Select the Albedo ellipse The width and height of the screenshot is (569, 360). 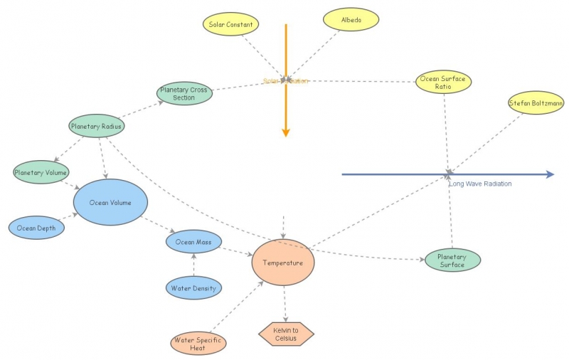pyautogui.click(x=351, y=20)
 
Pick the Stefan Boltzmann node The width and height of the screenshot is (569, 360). pyautogui.click(x=536, y=104)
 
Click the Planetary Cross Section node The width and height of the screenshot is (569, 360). pyautogui.click(x=184, y=94)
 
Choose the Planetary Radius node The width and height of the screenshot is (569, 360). pyautogui.click(x=97, y=127)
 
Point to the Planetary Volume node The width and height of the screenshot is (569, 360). pyautogui.click(x=41, y=172)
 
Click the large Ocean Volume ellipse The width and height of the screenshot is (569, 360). pyautogui.click(x=110, y=203)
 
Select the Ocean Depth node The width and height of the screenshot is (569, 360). pyautogui.click(x=36, y=228)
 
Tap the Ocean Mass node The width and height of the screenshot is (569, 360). pyautogui.click(x=193, y=243)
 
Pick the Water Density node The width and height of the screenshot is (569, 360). pyautogui.click(x=193, y=288)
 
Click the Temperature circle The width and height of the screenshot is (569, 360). pyautogui.click(x=283, y=263)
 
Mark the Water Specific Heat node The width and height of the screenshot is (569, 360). pyautogui.click(x=198, y=344)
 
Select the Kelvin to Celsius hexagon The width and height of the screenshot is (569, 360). pyautogui.click(x=286, y=333)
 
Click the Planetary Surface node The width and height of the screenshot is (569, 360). pyautogui.click(x=452, y=260)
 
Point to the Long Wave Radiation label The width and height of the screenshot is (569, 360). pyautogui.click(x=480, y=184)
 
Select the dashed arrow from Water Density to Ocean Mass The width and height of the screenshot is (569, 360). pyautogui.click(x=193, y=265)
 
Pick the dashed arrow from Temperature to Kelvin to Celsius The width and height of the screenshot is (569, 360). pyautogui.click(x=284, y=302)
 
